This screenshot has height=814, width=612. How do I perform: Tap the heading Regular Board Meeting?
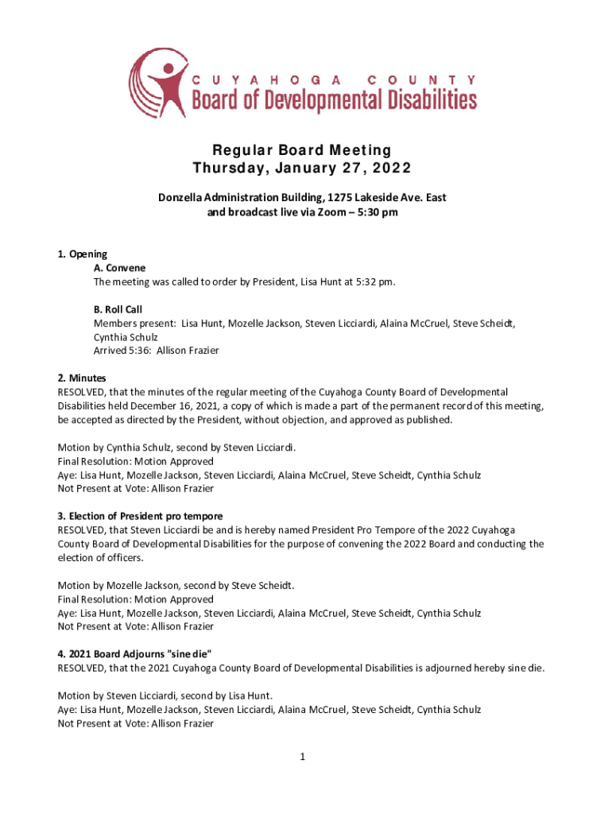tap(301, 150)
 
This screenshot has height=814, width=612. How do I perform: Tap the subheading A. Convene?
tap(119, 268)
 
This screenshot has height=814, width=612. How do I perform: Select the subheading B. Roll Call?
tap(118, 309)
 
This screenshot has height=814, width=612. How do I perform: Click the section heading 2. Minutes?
tap(82, 378)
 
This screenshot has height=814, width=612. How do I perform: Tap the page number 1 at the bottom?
tap(303, 757)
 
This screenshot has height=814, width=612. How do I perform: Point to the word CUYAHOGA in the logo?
tap(266, 79)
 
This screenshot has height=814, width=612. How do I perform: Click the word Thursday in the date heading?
tap(232, 169)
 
